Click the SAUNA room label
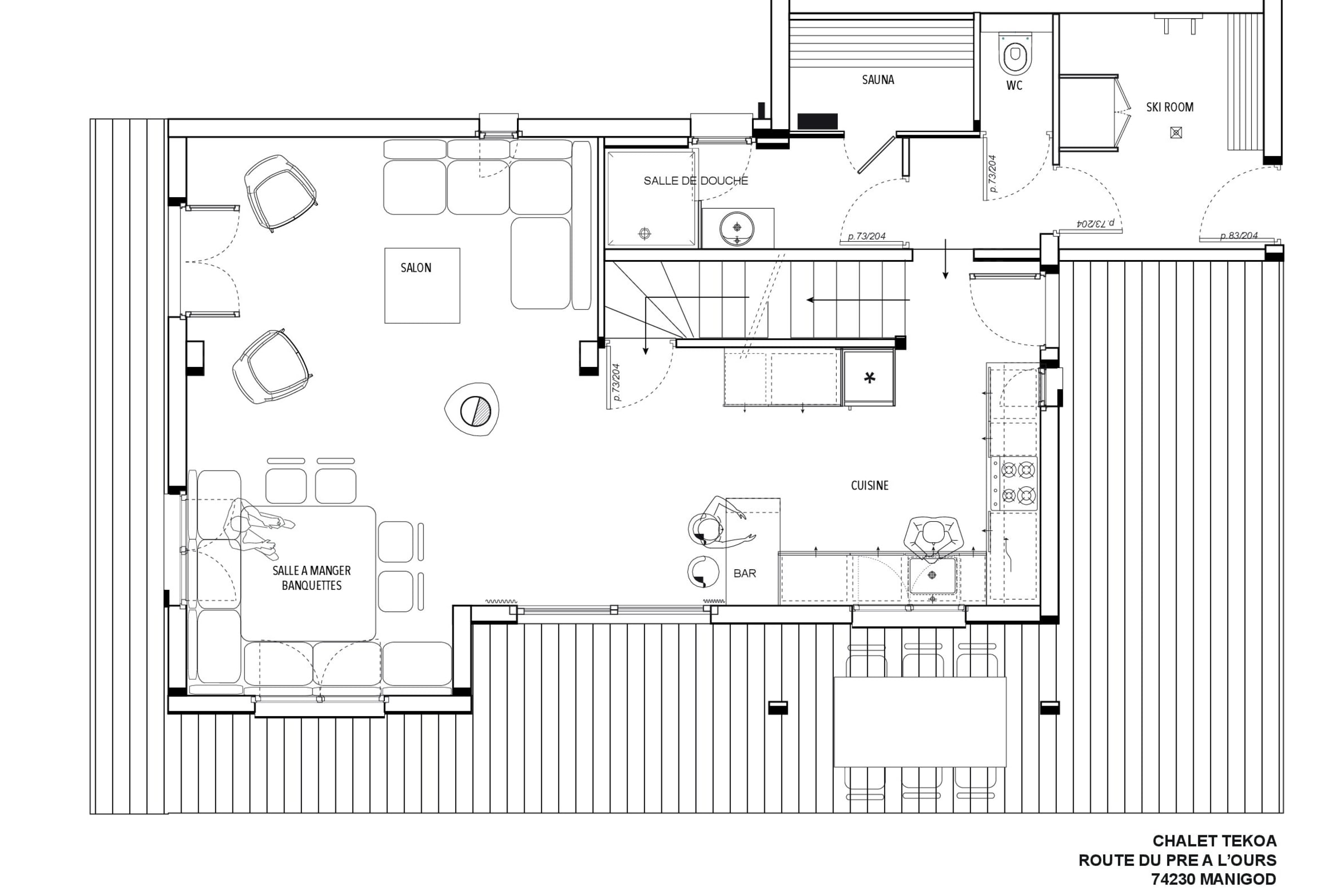(878, 80)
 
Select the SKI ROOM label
(1169, 107)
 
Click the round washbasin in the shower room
(736, 228)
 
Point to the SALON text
(416, 268)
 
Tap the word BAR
(745, 574)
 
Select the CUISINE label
(869, 485)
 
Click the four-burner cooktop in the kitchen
(1014, 483)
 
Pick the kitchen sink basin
(932, 576)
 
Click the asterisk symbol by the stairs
(869, 378)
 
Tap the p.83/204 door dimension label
(1238, 236)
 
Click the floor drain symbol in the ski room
(1176, 133)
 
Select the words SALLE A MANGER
(311, 570)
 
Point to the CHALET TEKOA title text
(1214, 841)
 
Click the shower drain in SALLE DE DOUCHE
(644, 233)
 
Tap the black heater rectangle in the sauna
(817, 121)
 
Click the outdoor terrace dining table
(920, 722)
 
